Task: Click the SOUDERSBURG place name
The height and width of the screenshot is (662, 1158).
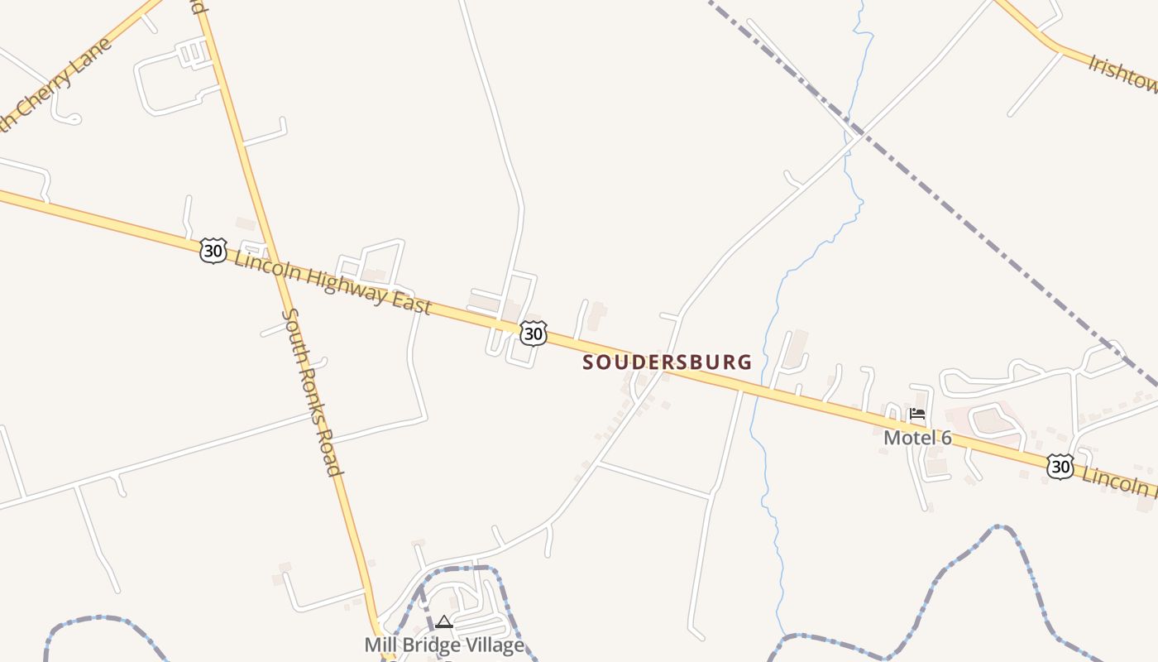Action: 668,362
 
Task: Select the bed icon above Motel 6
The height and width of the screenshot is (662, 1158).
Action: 917,414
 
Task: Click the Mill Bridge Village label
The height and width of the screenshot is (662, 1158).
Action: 444,645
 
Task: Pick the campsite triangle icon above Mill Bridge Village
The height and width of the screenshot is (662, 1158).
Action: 444,621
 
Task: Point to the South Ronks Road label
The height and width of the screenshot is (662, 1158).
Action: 312,391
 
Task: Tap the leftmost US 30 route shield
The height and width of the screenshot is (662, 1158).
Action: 213,250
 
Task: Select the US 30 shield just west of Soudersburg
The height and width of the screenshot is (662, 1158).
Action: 534,333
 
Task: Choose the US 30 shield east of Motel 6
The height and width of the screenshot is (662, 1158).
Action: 1060,467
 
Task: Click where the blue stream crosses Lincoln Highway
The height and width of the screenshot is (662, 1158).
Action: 754,388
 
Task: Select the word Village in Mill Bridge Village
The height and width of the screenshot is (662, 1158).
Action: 494,645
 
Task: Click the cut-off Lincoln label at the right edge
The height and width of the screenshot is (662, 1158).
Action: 1121,481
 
